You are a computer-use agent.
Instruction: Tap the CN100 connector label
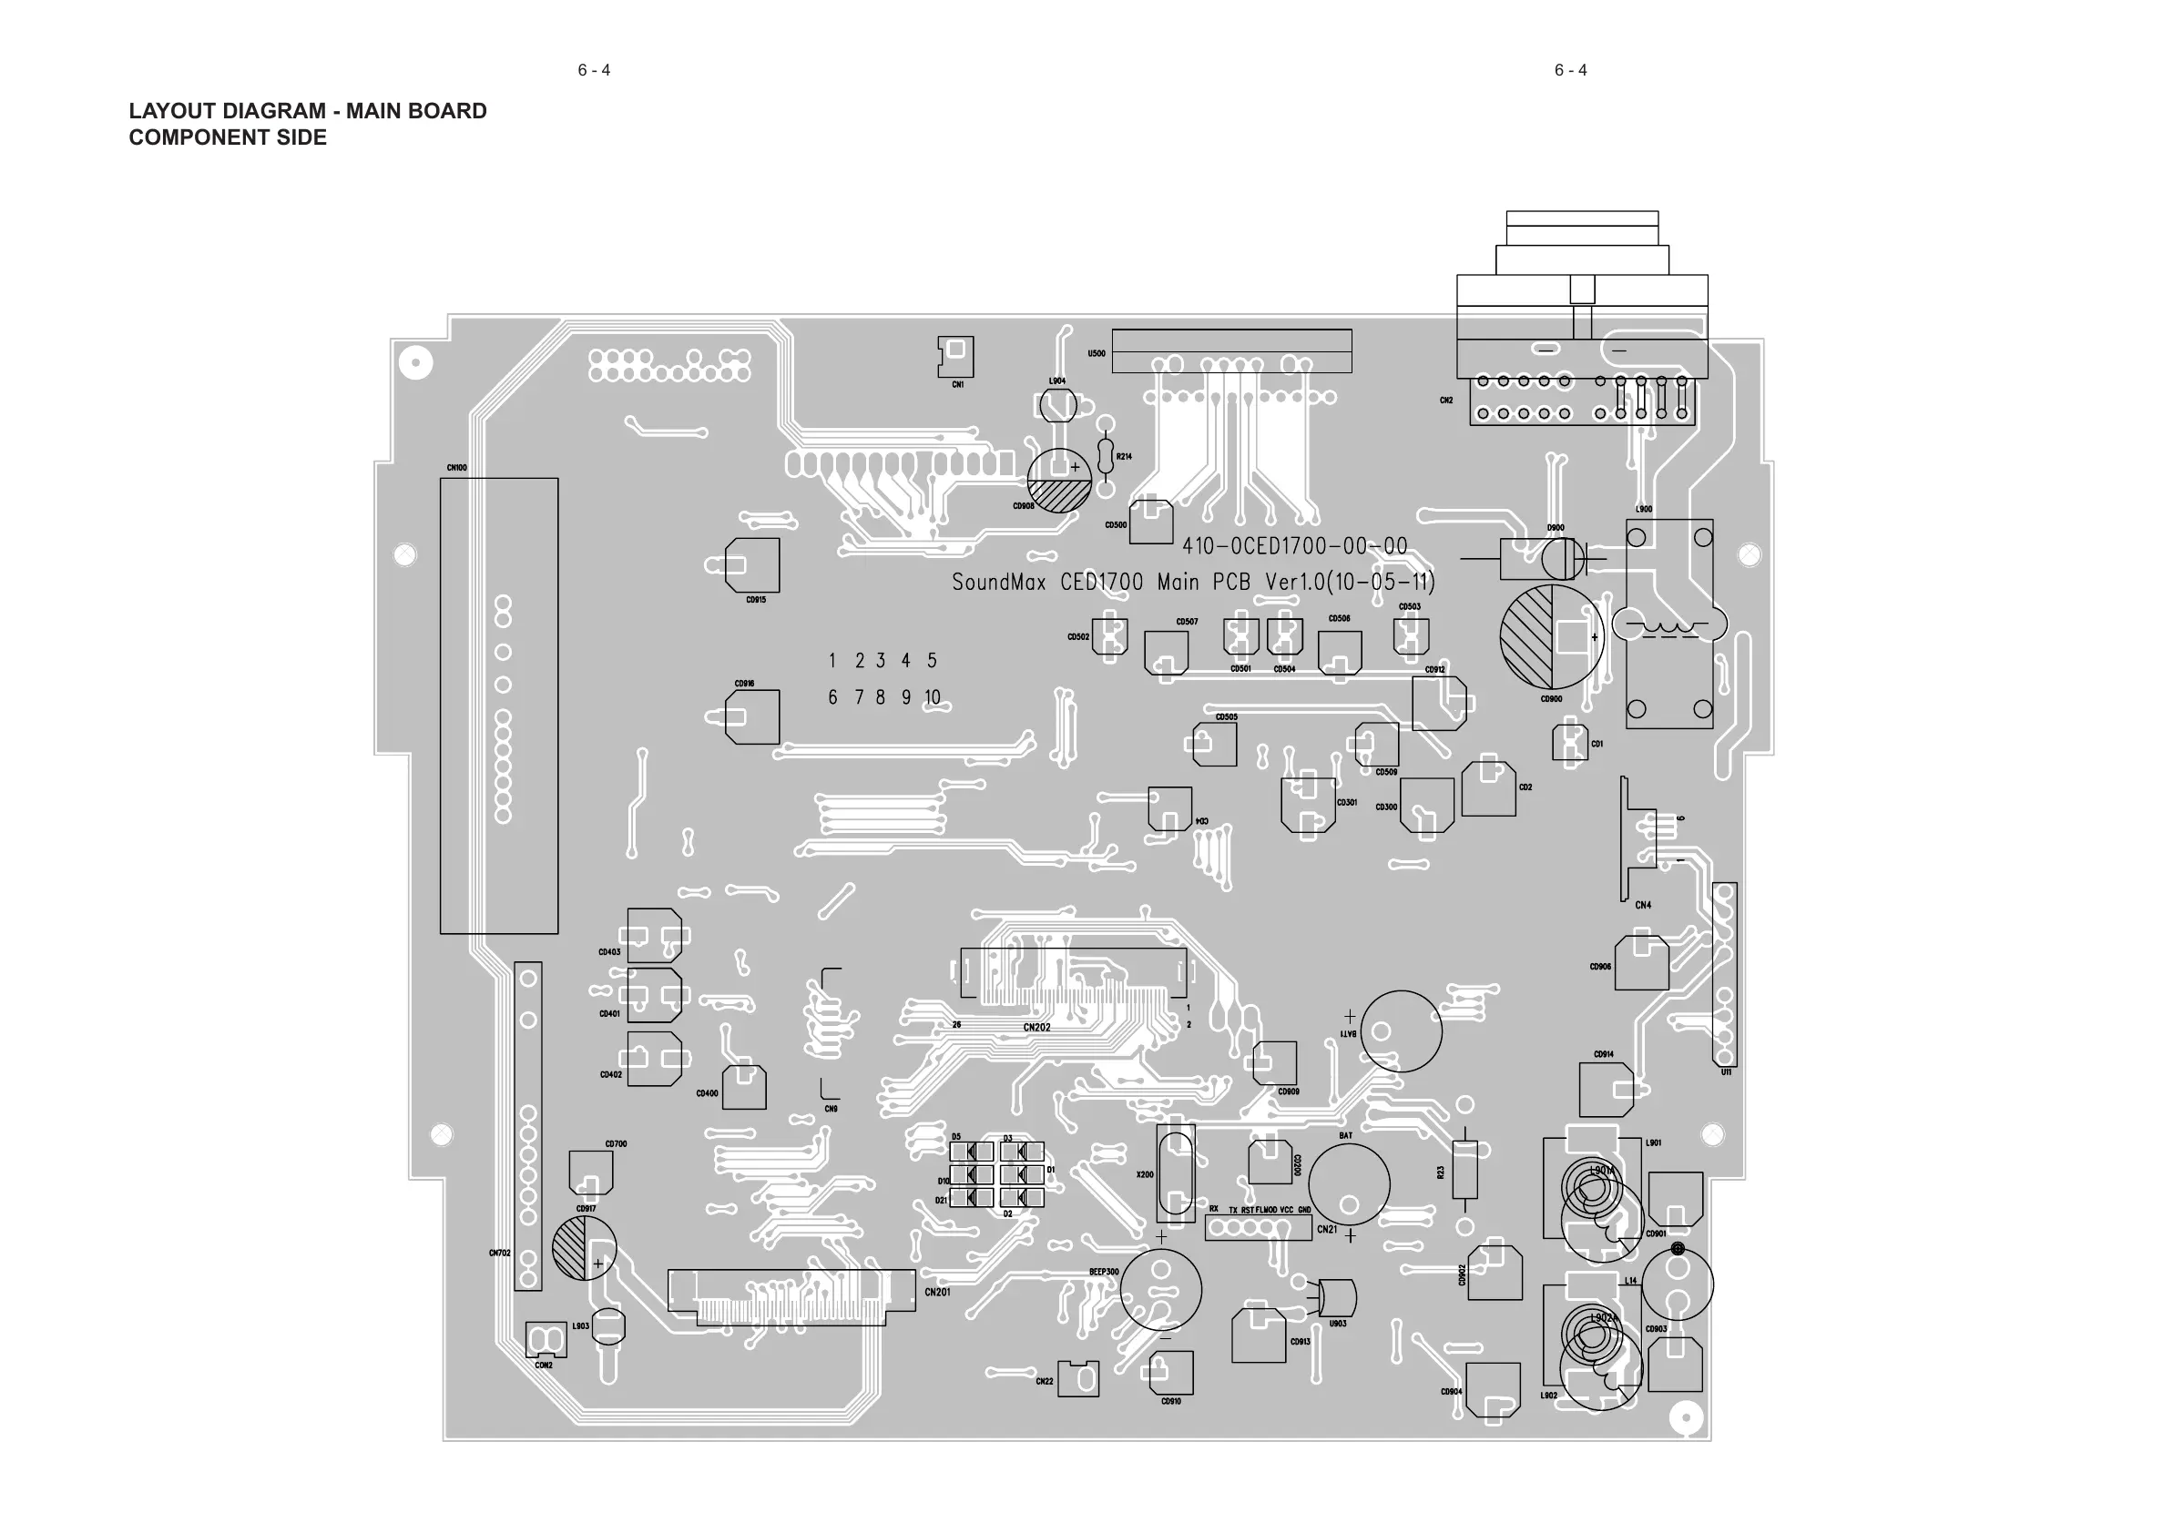click(x=457, y=467)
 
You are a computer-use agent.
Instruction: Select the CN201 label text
click(x=937, y=1293)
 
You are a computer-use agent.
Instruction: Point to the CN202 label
click(x=1036, y=1027)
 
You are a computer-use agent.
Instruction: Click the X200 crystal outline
click(x=1176, y=1173)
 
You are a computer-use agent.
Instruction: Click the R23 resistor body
click(x=1464, y=1171)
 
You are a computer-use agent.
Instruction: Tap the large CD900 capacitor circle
click(x=1552, y=636)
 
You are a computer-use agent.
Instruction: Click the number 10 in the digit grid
click(x=932, y=697)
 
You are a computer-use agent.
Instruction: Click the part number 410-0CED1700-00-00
click(x=1294, y=546)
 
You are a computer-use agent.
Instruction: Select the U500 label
click(x=1097, y=354)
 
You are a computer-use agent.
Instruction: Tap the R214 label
click(x=1124, y=457)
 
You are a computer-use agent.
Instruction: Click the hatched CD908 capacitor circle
click(x=1059, y=481)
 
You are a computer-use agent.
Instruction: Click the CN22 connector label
click(x=1045, y=1381)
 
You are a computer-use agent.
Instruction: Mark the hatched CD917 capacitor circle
click(x=585, y=1248)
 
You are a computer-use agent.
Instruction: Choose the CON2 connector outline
click(x=546, y=1339)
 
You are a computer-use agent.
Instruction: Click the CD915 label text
click(x=756, y=599)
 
